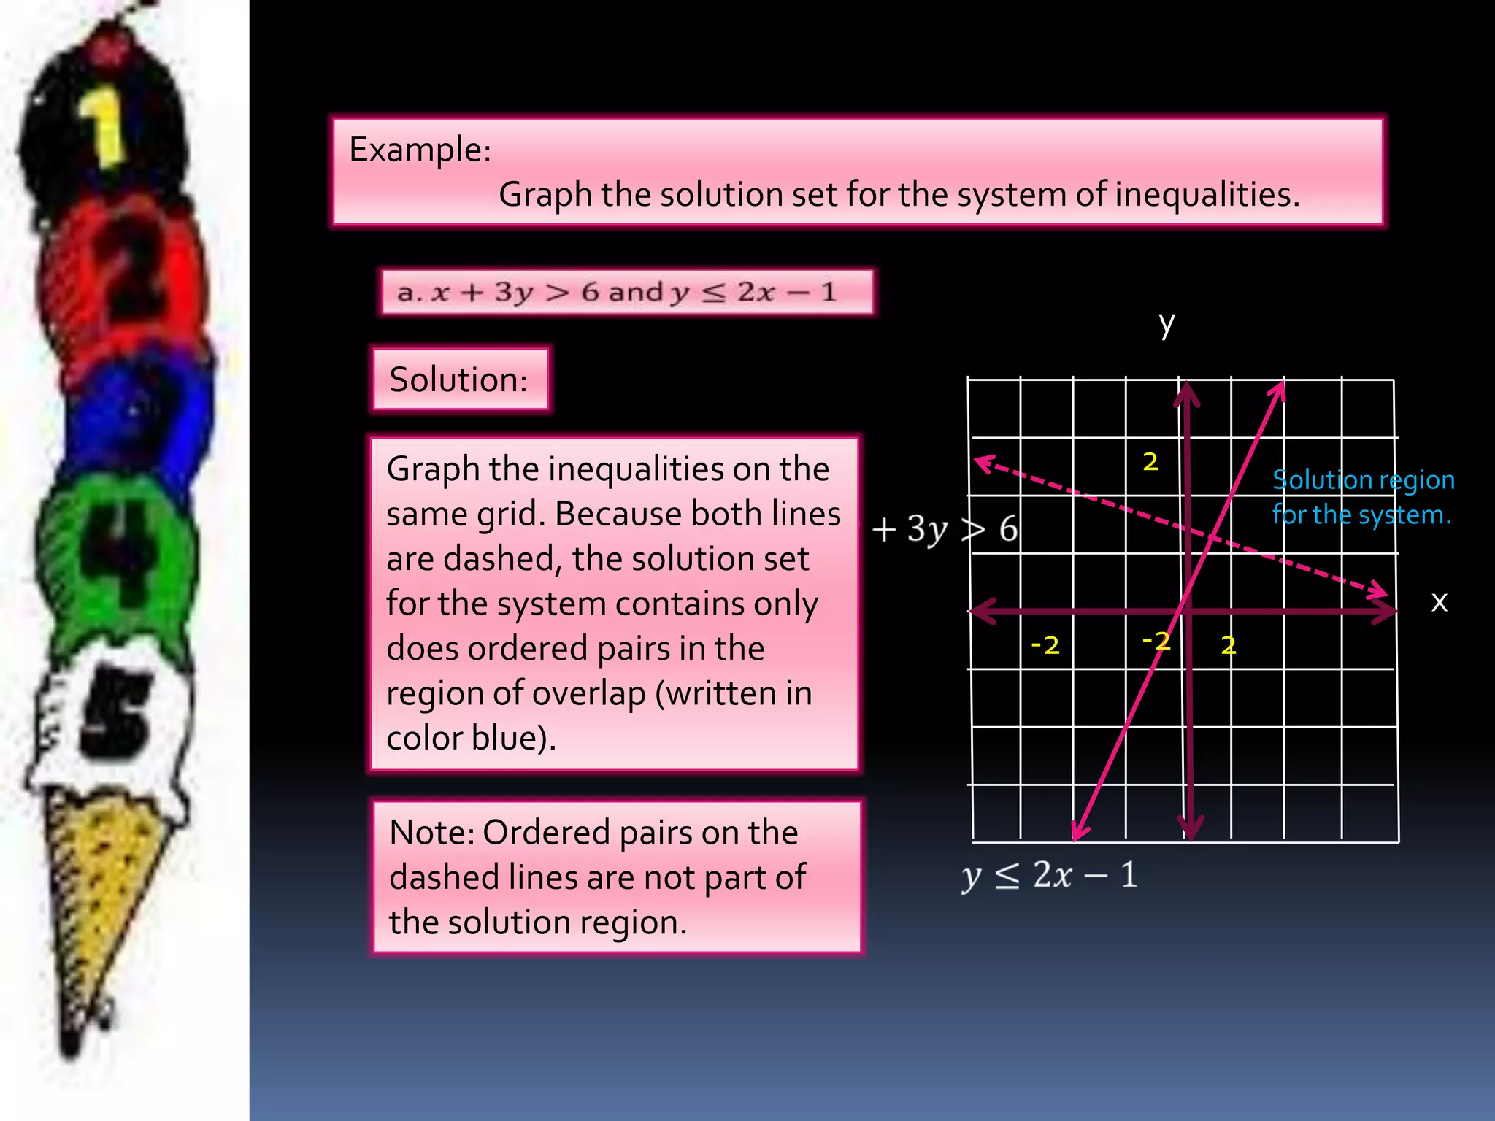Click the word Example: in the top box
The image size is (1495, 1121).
[x=420, y=150]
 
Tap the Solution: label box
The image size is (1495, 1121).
[x=459, y=380]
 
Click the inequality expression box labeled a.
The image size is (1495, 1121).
[x=626, y=292]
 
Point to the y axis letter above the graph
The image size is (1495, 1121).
[x=1167, y=323]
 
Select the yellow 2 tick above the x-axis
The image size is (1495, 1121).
[x=1150, y=461]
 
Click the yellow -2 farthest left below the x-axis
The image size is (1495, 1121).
[x=1045, y=645]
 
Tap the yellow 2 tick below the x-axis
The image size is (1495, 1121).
[x=1229, y=645]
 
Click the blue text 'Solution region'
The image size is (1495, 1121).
[x=1363, y=480]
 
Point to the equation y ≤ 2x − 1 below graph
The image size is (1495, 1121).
[x=1049, y=875]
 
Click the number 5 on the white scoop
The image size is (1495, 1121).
[x=117, y=712]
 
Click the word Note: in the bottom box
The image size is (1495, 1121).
[x=430, y=833]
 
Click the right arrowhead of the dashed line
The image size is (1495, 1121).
[x=1379, y=590]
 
